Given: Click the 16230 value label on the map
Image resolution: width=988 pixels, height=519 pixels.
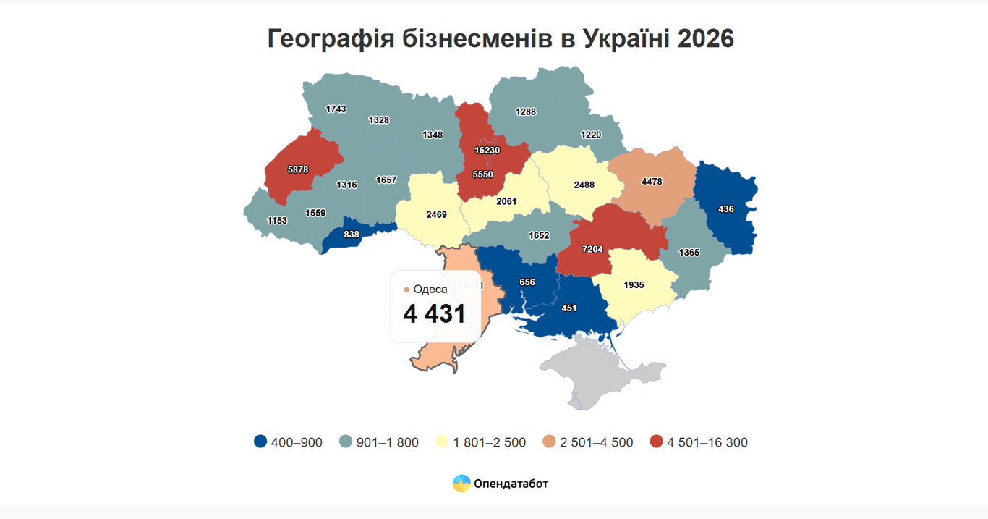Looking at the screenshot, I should coord(487,151).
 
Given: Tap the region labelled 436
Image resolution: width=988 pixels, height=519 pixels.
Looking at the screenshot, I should coord(726,209).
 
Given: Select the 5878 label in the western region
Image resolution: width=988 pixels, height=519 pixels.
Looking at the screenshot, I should coord(297,169).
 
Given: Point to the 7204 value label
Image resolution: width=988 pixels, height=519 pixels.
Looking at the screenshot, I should coord(592,249).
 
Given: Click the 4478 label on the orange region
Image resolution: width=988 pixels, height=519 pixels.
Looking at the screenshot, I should coord(652,182).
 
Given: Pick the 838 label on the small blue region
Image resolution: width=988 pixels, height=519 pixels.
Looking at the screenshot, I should coord(352,235).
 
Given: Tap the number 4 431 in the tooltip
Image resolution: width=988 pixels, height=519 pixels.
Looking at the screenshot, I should coord(434,314).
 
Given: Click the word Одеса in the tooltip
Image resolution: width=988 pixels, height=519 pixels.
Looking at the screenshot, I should coord(430,290).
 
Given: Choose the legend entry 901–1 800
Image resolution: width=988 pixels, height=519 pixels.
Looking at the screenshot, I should coord(387,442).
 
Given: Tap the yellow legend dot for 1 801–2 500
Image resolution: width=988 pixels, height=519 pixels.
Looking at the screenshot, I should coord(443,442).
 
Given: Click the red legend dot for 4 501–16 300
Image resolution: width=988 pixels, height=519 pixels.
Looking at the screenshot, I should coord(656,442).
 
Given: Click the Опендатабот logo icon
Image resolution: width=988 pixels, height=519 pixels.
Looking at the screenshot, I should coord(461,484).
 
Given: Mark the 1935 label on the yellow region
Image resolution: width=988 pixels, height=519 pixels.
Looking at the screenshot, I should coord(634,285).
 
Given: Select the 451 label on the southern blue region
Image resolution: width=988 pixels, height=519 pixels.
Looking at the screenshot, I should coord(569,308).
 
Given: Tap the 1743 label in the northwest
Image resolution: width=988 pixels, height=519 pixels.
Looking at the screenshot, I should coord(336,109).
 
